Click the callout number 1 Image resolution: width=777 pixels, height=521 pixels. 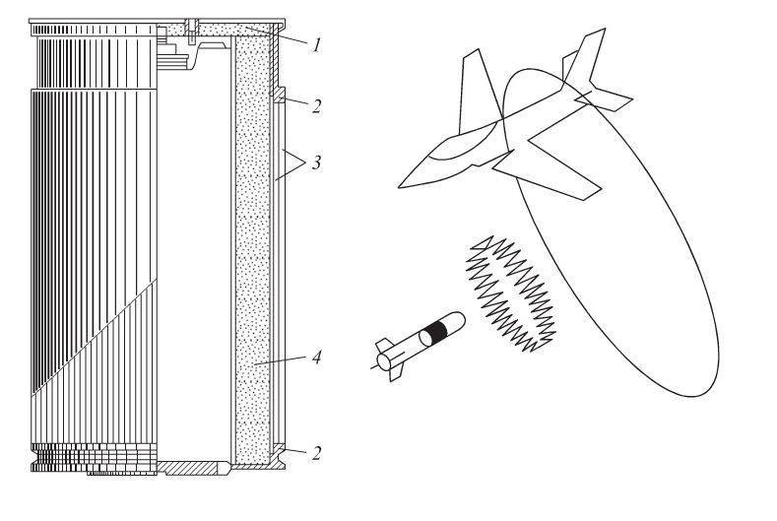[315, 45]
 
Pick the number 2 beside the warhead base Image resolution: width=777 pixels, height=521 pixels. [315, 456]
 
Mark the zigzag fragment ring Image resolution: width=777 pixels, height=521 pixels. [509, 293]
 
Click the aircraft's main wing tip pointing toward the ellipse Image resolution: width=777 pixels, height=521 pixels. [602, 188]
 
